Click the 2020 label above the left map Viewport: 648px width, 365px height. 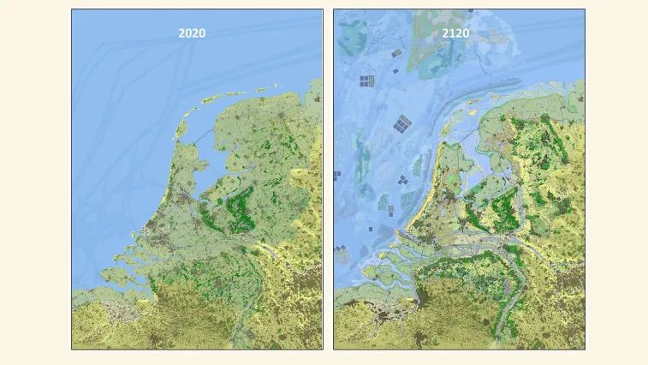point(192,33)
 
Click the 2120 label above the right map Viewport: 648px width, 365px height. point(455,33)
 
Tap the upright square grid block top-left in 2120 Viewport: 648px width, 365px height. point(366,81)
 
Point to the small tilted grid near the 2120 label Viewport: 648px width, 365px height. point(396,54)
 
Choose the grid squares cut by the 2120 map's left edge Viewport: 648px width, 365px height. point(336,176)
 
